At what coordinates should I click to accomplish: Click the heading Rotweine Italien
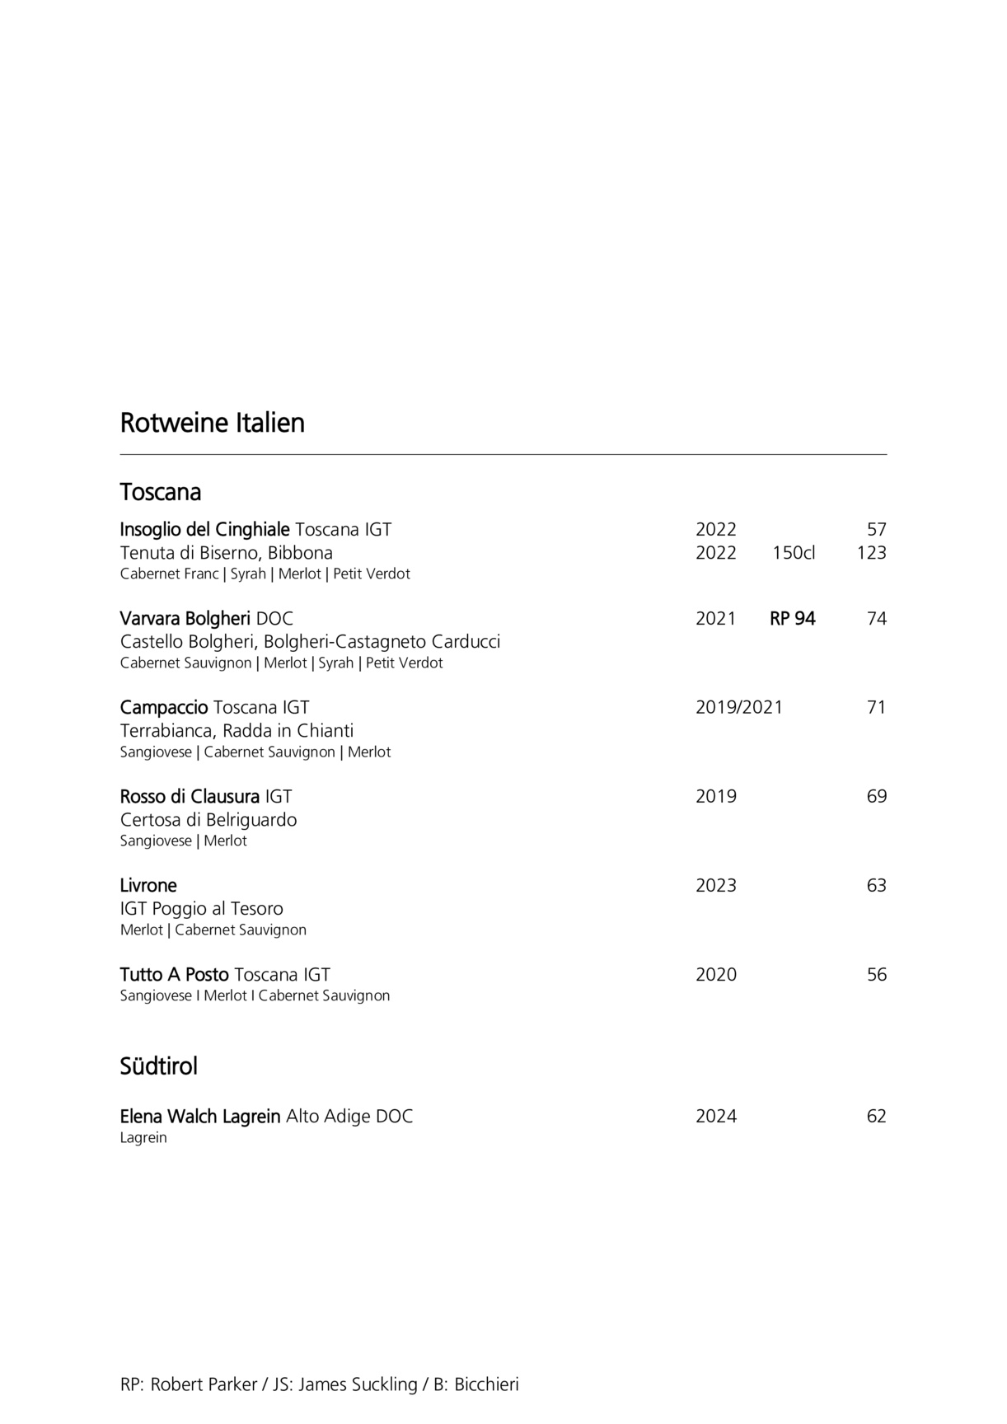[x=213, y=423]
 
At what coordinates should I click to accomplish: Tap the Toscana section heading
[x=161, y=492]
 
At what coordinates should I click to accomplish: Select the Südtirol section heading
[x=159, y=1066]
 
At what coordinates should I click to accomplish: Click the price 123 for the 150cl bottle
[x=871, y=553]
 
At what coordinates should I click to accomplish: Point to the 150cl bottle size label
[x=794, y=553]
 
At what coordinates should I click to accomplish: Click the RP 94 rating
[x=792, y=619]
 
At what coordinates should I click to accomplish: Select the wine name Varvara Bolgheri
[x=185, y=619]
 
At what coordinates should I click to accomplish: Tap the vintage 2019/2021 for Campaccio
[x=739, y=708]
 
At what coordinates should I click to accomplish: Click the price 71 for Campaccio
[x=876, y=708]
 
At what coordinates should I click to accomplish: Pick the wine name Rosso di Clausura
[x=190, y=797]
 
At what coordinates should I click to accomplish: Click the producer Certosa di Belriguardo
[x=208, y=820]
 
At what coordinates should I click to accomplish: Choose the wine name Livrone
[x=148, y=886]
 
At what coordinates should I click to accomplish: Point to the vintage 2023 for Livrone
[x=716, y=886]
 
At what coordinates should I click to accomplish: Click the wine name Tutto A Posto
[x=174, y=975]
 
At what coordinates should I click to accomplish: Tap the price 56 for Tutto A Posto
[x=876, y=975]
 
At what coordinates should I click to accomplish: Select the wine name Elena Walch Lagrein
[x=200, y=1117]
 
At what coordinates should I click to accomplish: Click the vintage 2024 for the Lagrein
[x=716, y=1117]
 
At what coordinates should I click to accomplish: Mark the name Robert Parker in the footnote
[x=204, y=1384]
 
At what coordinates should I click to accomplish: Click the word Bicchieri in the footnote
[x=486, y=1384]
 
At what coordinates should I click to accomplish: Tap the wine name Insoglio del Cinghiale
[x=204, y=530]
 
